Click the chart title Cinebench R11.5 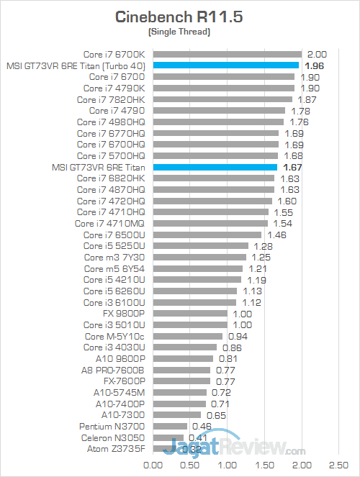pos(179,17)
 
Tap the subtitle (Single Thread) pos(179,32)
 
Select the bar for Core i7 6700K pos(227,53)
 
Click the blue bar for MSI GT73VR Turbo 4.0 pos(225,65)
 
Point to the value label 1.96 pos(314,65)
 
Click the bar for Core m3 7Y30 pos(199,257)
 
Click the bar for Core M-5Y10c pos(188,336)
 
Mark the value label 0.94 pos(237,336)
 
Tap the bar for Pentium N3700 pos(170,426)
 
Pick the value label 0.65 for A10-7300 pos(215,415)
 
